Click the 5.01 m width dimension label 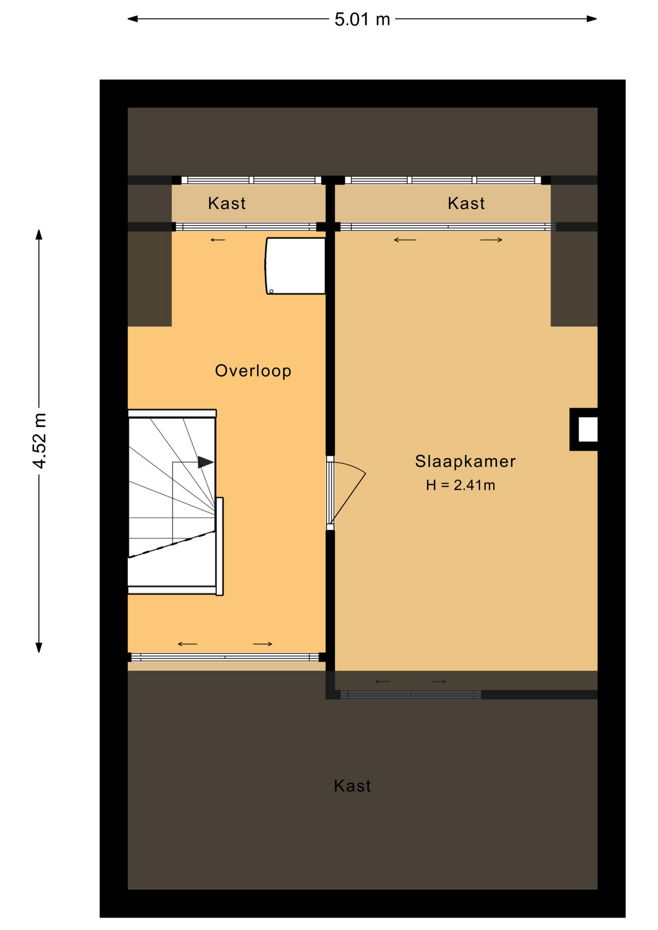coord(362,19)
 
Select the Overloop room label coord(253,371)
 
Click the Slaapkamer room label coord(465,461)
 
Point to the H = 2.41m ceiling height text coord(460,485)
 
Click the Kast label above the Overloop coord(227,203)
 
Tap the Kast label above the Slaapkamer coord(466,203)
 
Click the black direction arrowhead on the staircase coord(205,462)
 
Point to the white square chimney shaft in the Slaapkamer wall coord(588,430)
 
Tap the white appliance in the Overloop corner coord(295,266)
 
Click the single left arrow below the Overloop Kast coord(218,240)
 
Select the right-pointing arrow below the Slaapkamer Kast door coord(491,240)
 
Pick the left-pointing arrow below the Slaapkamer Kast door coord(405,240)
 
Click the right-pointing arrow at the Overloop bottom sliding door coord(263,644)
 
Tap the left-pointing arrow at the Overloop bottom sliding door coord(188,644)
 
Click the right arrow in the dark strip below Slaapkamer coord(439,682)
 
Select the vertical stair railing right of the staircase coord(219,546)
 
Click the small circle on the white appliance coord(271,291)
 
